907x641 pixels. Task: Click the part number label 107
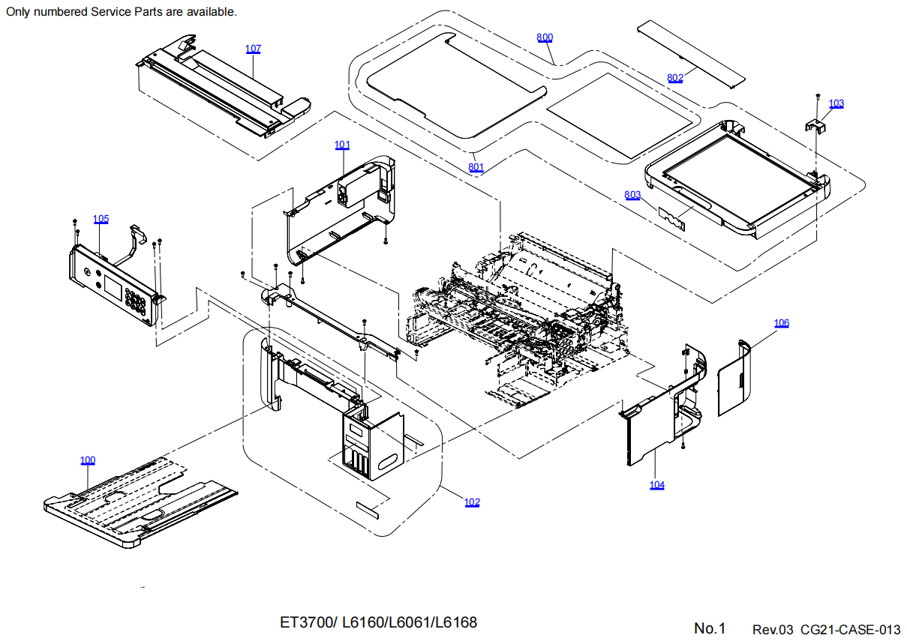coord(253,49)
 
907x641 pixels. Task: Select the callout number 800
coord(545,37)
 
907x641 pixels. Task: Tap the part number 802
coord(675,77)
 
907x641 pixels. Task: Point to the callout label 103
coord(836,103)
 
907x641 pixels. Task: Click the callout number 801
coord(476,167)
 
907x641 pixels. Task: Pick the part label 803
coord(632,195)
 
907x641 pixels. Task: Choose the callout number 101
coord(342,145)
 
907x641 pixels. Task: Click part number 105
coord(101,219)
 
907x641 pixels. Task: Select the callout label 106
coord(782,323)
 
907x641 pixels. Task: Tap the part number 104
coord(656,485)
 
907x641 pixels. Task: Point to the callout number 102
coord(472,502)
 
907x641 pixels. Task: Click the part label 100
coord(88,460)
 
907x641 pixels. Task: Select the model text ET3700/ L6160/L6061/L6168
coord(378,622)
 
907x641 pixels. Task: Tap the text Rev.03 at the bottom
coord(773,628)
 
